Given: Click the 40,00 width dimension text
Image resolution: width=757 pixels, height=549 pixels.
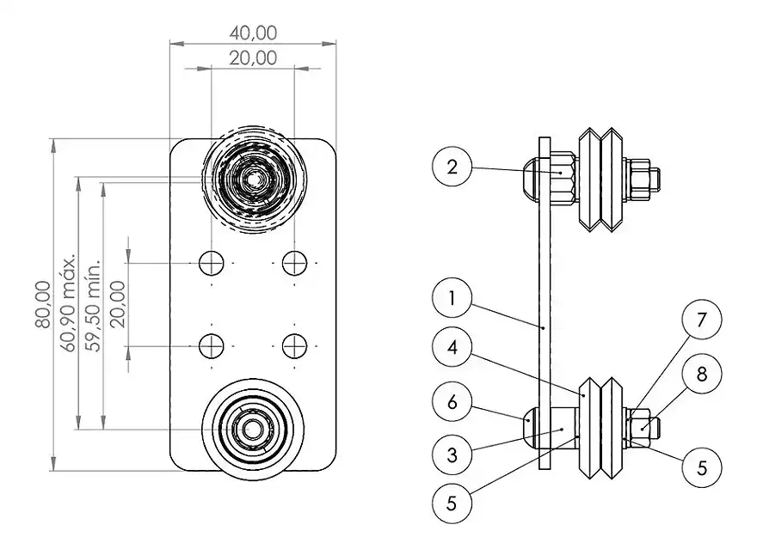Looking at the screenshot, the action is tap(253, 33).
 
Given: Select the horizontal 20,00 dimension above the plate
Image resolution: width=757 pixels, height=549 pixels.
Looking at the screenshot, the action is tap(253, 58).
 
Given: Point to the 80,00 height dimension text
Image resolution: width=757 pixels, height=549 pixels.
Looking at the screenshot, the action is tap(43, 304).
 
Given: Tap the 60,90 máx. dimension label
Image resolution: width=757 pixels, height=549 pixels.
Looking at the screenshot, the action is tap(68, 302).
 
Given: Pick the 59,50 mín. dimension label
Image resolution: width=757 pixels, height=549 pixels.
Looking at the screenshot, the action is tap(93, 306).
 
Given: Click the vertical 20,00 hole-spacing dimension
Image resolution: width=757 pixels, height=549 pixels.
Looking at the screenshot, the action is tap(117, 304).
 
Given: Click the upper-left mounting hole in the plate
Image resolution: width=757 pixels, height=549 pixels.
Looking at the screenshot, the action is tap(212, 263).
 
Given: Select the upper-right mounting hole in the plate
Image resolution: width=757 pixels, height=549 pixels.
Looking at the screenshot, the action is tap(294, 263).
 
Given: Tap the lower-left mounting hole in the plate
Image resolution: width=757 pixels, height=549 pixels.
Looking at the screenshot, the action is tap(212, 346).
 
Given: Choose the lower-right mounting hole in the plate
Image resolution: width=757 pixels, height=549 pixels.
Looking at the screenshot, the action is tap(294, 346).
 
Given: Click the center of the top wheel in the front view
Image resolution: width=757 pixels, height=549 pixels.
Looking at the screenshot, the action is tap(253, 180).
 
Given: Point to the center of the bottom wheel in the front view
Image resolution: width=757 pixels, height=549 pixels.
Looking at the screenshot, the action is tap(253, 429).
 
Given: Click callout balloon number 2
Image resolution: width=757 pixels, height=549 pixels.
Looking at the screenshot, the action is tap(452, 167).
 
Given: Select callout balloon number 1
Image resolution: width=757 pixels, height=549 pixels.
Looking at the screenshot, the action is tap(452, 298).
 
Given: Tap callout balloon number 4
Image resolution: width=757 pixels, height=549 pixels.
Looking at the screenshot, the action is tap(452, 347).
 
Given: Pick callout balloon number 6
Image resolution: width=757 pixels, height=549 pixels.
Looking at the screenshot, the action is tap(452, 401).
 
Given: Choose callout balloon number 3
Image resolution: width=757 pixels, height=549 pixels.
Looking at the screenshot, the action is tap(452, 454).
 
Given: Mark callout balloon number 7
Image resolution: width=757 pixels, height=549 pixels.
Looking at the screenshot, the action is tap(702, 320).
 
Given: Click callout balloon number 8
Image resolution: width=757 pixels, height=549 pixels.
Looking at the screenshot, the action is tap(702, 374).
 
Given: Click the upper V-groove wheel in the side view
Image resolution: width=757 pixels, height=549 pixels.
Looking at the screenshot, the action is tap(600, 180).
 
